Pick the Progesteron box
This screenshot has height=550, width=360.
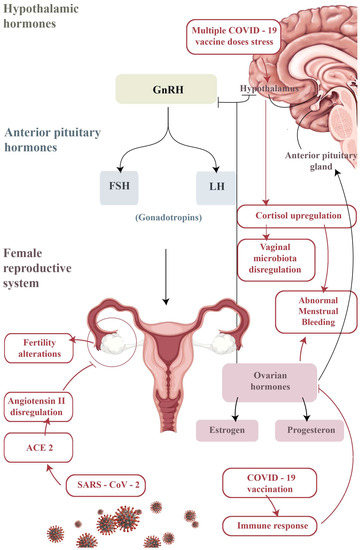point(307,428)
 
